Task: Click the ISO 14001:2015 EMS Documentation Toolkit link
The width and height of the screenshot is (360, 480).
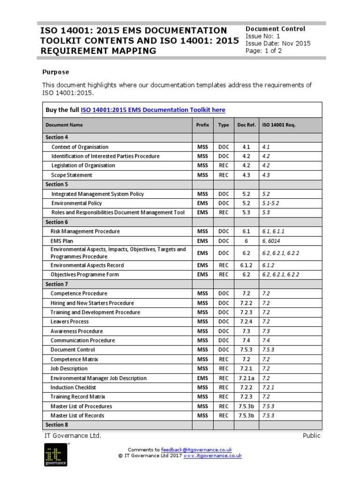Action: click(153, 110)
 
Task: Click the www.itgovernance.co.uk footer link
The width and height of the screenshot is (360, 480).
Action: click(212, 455)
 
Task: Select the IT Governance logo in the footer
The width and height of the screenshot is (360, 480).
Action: click(56, 455)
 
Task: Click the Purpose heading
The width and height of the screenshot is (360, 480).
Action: click(55, 72)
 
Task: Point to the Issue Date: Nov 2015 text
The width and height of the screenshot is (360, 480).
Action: click(278, 44)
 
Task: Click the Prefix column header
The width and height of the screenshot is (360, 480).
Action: click(202, 125)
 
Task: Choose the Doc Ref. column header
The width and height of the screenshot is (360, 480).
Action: click(246, 125)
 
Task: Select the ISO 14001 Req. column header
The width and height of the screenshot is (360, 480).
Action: click(278, 125)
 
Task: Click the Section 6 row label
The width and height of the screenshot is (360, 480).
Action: click(57, 222)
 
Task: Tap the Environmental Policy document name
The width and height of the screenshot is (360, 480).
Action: click(76, 203)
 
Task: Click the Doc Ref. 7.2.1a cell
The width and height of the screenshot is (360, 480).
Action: click(246, 378)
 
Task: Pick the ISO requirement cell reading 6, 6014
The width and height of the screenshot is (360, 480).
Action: click(272, 241)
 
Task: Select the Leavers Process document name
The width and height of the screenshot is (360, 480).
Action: click(69, 322)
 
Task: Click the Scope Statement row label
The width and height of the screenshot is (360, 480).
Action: click(72, 175)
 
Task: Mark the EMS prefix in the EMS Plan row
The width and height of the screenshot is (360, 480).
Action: click(202, 241)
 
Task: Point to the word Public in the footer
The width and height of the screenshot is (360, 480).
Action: click(311, 435)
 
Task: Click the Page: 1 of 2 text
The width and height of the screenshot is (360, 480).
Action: click(263, 51)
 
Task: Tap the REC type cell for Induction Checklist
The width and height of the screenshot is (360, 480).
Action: click(224, 388)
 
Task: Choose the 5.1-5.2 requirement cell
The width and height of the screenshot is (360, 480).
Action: click(271, 203)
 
